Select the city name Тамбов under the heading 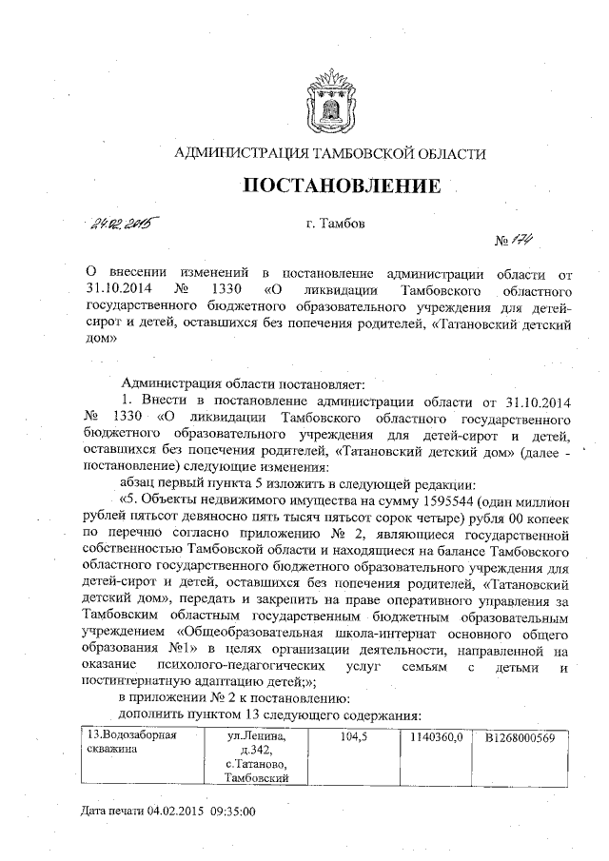(331, 225)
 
